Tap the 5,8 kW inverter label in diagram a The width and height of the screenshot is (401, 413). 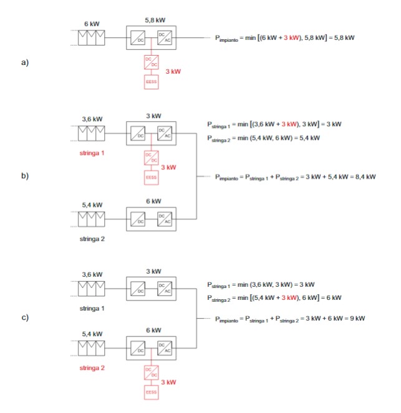point(155,20)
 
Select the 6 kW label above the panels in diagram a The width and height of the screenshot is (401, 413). point(92,24)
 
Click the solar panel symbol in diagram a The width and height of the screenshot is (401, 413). point(92,37)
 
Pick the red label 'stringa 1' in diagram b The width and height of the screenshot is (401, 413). point(92,152)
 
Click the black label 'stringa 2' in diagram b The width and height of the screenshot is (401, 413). point(92,239)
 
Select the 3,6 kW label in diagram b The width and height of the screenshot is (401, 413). point(92,118)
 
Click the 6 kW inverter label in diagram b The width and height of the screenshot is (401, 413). point(153,201)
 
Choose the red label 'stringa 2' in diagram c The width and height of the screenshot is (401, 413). point(92,369)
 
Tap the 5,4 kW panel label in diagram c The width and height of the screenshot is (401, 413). point(92,334)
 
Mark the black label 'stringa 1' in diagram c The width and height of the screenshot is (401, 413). point(92,309)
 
